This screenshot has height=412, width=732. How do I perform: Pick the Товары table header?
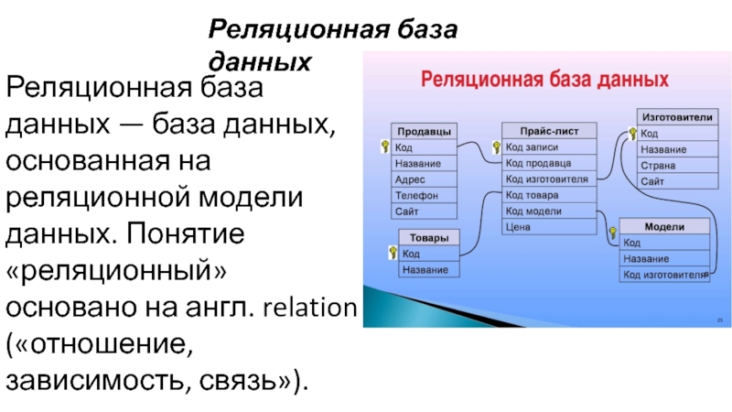coord(428,238)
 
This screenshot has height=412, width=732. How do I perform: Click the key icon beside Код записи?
coord(495,146)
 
